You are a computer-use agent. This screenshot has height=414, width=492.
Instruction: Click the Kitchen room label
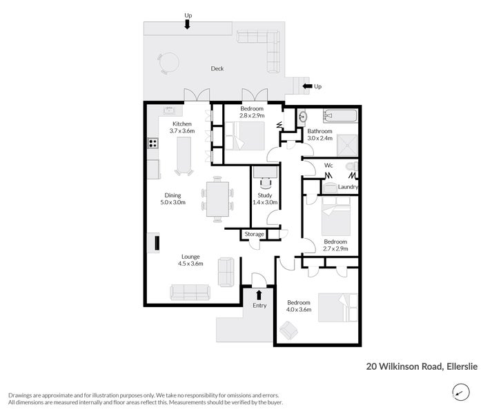182,124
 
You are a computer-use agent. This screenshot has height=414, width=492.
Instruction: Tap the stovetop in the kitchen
152,143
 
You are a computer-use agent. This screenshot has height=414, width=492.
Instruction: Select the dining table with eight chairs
217,199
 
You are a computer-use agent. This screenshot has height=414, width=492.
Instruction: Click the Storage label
254,234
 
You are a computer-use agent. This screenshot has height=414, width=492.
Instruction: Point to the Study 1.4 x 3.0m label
265,199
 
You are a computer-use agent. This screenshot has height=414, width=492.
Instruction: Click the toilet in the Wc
351,166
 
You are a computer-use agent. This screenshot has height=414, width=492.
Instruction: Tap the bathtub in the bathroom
340,116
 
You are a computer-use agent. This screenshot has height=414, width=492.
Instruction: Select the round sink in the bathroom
303,117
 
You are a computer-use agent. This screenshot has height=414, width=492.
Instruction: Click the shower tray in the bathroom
347,145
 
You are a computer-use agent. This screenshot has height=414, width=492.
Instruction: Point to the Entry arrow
259,295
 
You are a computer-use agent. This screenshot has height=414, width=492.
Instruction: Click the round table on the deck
169,63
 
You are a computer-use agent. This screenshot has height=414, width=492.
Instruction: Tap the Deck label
217,68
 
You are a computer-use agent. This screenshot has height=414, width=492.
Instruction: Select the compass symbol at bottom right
461,393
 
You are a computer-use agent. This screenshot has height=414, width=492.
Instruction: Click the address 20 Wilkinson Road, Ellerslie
422,366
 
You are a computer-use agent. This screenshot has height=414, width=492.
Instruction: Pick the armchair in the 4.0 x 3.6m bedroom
288,331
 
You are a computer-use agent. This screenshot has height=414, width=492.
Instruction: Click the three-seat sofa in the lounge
190,293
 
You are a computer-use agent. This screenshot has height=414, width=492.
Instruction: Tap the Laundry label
348,187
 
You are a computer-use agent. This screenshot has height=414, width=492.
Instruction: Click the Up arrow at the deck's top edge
187,24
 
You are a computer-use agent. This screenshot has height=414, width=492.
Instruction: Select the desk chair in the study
265,184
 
